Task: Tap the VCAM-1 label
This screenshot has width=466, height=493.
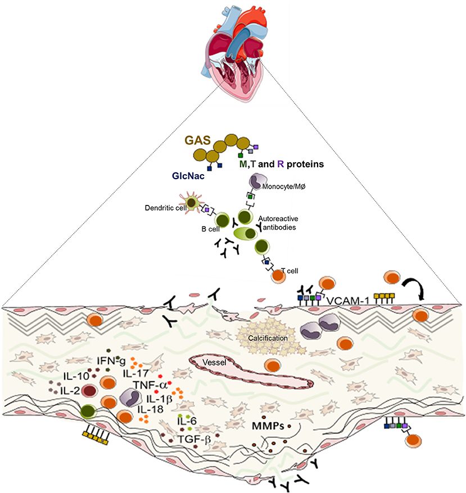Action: (x=347, y=300)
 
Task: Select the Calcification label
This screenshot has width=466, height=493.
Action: (x=268, y=338)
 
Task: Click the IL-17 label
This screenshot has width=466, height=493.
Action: (x=135, y=373)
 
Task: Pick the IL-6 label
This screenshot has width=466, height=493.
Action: (x=187, y=421)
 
